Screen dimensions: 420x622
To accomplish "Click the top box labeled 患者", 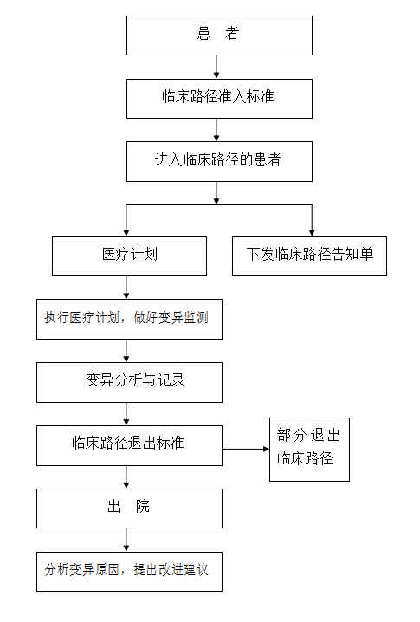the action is (x=219, y=36).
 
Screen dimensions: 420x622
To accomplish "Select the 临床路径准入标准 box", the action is (x=219, y=99).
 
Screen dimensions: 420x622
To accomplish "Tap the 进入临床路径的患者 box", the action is (x=219, y=161).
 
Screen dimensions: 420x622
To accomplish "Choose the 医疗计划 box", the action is (x=129, y=256).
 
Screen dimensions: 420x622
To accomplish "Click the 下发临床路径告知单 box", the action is (x=309, y=256).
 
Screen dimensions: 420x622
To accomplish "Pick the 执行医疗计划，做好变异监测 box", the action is (x=129, y=319).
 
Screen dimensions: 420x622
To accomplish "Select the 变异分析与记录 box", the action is (x=129, y=382).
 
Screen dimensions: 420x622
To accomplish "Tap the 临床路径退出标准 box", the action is (x=129, y=445).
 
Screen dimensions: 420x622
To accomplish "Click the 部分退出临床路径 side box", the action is (x=309, y=450).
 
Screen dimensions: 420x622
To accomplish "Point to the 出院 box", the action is (x=129, y=509).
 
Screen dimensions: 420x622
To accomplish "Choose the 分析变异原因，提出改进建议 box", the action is (x=129, y=572).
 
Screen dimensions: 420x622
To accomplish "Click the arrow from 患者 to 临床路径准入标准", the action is (x=216, y=67).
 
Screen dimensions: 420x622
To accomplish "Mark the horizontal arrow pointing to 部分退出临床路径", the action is (x=246, y=449).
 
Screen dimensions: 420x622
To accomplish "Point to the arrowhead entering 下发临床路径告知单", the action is (x=312, y=233).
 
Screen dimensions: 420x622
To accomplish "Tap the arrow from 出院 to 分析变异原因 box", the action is (x=126, y=540).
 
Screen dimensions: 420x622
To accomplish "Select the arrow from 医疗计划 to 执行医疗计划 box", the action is (x=126, y=288).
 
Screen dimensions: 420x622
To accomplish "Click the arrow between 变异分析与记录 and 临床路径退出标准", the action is (x=126, y=414).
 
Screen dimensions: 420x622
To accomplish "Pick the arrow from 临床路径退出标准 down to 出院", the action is (x=126, y=477).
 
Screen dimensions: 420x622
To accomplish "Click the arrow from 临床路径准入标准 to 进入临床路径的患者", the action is (x=216, y=130).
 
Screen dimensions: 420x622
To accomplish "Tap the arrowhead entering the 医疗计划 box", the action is (x=126, y=233).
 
